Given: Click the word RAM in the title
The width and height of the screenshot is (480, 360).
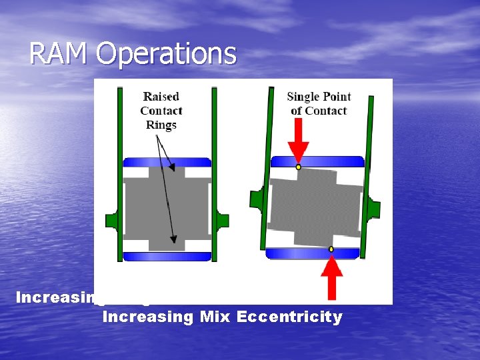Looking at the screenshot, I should point(59,54).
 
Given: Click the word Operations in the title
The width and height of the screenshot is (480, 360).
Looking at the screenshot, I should point(166,54).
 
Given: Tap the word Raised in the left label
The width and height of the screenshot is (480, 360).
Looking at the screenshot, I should point(161,97).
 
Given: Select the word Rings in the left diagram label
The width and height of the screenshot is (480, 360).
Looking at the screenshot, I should point(161,125).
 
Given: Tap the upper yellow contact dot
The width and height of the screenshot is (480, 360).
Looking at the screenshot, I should point(299,167).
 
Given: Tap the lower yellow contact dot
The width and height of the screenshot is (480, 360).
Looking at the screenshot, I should point(331,249).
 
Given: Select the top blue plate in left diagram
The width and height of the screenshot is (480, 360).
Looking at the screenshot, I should point(167,162).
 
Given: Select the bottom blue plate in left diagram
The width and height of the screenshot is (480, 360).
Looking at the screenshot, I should point(167,256).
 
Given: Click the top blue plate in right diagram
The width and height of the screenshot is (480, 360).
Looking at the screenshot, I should point(317,161).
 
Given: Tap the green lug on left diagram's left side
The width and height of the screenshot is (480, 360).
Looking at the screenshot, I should point(111,221).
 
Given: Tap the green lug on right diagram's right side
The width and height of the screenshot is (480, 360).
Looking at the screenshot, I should point(374,208).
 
